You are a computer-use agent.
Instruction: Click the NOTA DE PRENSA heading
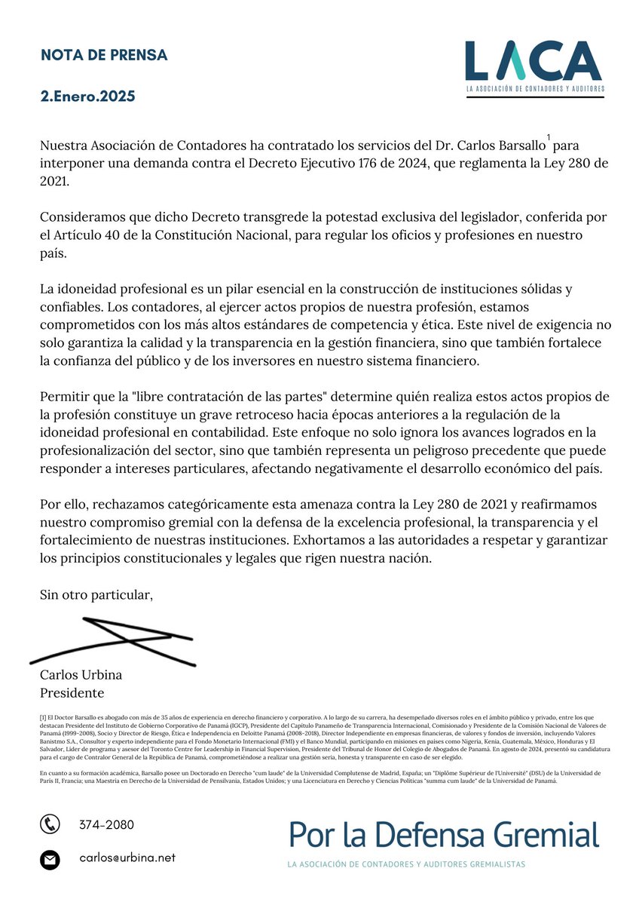103,55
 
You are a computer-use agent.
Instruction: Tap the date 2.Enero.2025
87,97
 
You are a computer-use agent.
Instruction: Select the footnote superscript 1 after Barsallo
549,137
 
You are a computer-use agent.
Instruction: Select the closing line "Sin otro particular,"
96,596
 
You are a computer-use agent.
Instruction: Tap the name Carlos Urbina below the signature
81,675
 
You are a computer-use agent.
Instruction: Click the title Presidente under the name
72,693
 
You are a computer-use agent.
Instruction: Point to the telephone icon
50,824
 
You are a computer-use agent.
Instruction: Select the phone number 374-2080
106,825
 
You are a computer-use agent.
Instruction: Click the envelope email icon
50,859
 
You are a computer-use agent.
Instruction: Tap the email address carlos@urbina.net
127,858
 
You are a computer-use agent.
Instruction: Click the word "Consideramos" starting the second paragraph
82,218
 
